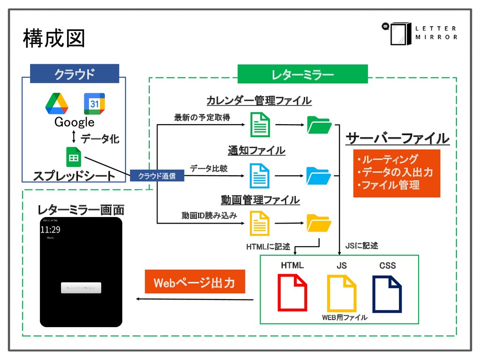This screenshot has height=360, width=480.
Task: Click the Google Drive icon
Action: (57, 104)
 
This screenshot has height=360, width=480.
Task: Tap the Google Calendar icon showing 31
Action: (94, 104)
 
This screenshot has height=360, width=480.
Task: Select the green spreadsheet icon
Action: (74, 157)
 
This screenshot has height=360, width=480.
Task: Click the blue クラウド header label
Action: (74, 74)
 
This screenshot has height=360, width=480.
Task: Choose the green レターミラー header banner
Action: (302, 75)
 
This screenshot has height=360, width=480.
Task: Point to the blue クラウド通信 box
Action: (157, 176)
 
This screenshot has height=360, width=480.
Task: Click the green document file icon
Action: (260, 125)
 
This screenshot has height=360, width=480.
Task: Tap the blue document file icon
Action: (260, 176)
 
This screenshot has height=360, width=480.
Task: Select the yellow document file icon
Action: (260, 223)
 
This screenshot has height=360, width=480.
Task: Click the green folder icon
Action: (319, 125)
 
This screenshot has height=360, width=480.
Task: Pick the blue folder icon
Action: (319, 176)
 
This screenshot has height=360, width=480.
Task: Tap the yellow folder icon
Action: (319, 223)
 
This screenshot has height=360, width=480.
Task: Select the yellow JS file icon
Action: (341, 293)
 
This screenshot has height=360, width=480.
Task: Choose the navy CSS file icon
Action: (387, 293)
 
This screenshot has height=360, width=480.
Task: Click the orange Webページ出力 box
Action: (195, 283)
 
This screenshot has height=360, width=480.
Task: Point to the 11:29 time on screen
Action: (50, 230)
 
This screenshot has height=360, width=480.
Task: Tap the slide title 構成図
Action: (54, 38)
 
